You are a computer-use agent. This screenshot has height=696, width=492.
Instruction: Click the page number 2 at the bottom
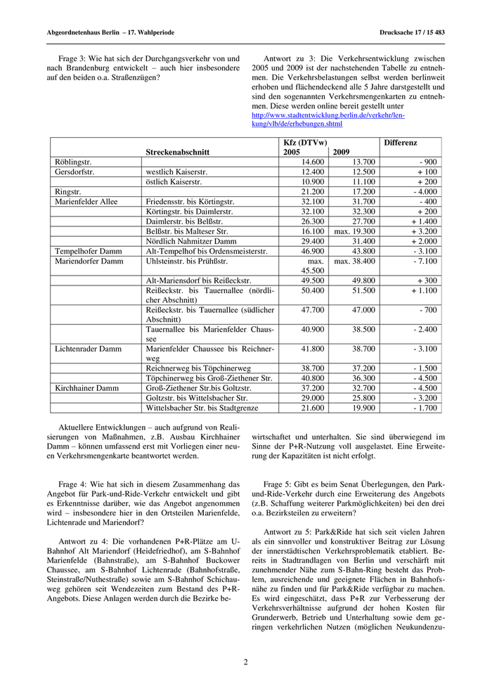point(246,662)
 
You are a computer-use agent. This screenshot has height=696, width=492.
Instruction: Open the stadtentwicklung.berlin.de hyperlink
point(328,120)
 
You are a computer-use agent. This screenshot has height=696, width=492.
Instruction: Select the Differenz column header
point(400,142)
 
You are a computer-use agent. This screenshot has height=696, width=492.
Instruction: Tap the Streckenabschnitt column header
point(178,152)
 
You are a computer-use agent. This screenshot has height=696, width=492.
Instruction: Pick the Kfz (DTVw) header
point(304,142)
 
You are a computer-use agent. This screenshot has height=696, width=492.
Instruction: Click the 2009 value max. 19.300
point(355,231)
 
